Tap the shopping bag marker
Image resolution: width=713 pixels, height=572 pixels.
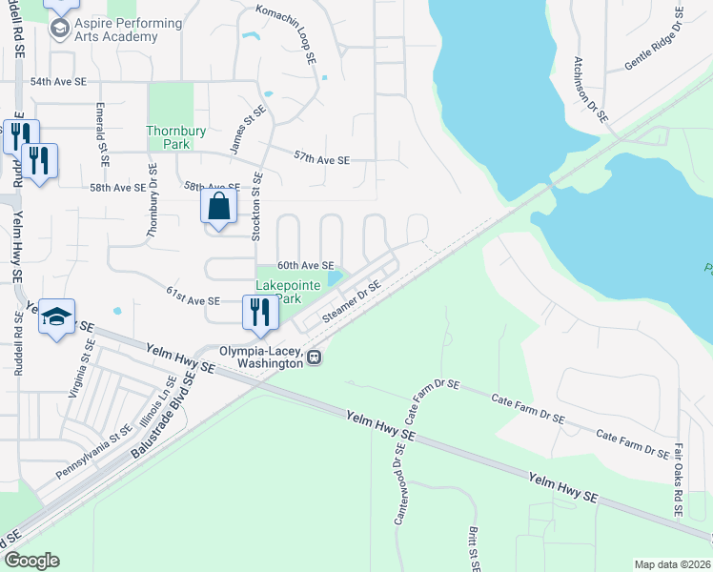[219, 206]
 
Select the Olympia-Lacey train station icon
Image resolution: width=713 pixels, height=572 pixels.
[315, 357]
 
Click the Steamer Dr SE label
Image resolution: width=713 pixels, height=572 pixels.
[352, 300]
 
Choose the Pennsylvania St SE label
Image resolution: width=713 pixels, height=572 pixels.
[92, 444]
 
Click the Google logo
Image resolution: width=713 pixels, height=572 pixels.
[31, 560]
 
